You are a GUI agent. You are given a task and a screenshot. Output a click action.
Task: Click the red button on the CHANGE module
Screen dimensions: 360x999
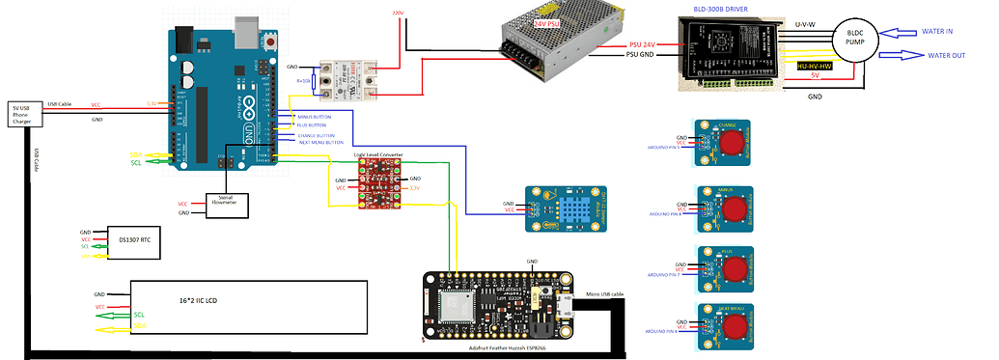tap(734, 141)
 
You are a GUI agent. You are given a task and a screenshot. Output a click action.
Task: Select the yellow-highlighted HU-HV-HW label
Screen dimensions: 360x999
tap(815, 66)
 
